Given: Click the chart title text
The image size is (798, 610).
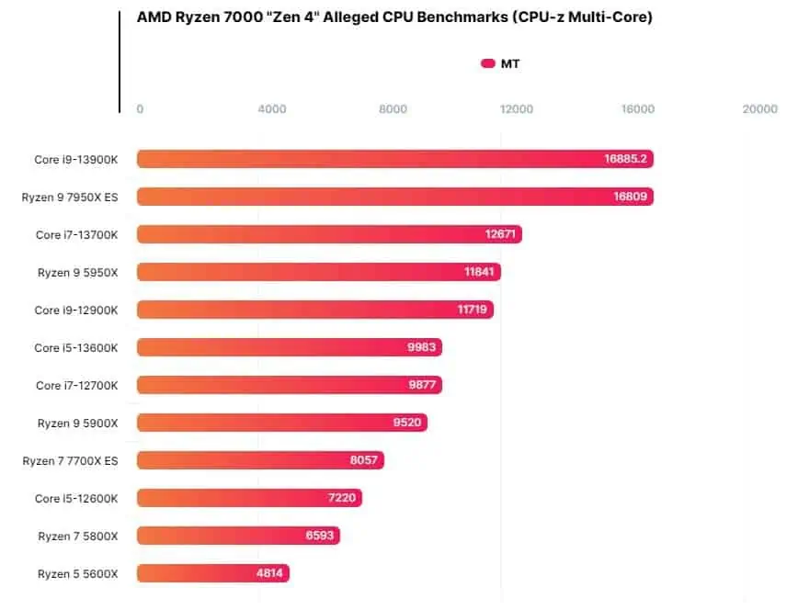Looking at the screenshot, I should point(394,17).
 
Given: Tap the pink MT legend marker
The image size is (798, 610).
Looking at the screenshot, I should point(488,63).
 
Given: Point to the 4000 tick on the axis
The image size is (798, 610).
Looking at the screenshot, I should point(272,109).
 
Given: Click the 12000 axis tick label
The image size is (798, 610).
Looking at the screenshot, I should point(517,109).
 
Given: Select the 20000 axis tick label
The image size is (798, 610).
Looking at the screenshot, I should point(759,109).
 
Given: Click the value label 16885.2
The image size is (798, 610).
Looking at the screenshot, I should point(625,159).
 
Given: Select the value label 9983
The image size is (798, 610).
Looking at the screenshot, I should point(421,347).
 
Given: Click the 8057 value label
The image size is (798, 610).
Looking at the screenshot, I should point(364,460).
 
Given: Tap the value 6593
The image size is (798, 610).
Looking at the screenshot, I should point(320,536).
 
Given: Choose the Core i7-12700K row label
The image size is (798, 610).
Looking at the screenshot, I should point(77,385).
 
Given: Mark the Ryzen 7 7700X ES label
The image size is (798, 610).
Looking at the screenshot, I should point(71,460).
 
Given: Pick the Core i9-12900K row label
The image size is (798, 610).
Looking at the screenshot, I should point(76,310).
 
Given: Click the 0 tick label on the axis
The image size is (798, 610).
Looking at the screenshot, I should point(140,109).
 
